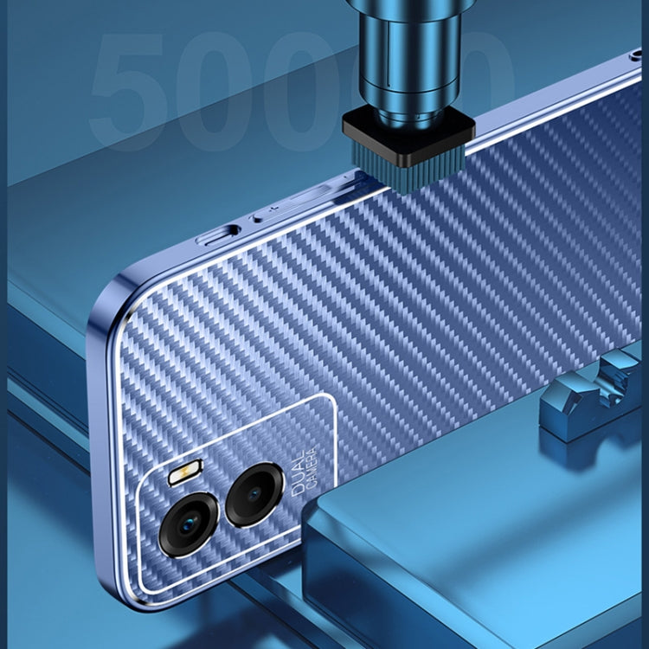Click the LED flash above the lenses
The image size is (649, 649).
(x=183, y=475)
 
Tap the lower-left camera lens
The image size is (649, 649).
(x=189, y=523)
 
